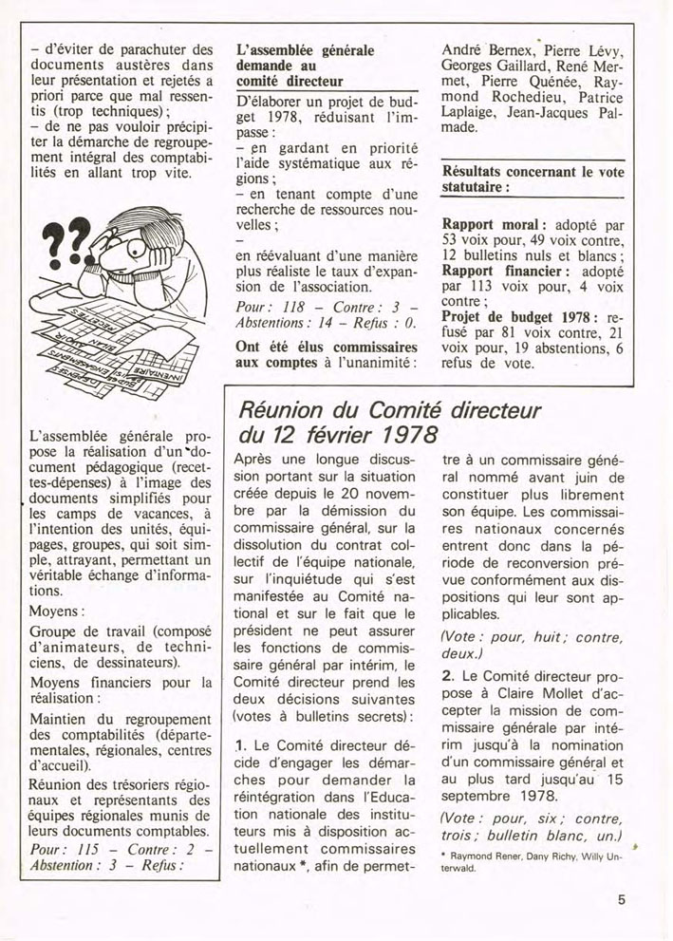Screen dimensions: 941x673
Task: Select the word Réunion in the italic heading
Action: pyautogui.click(x=282, y=411)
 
